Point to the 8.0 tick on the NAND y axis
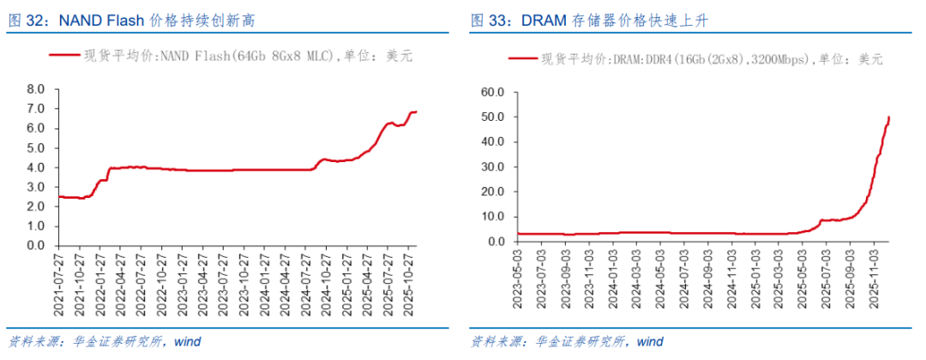(x=35, y=89)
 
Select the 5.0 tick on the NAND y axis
(x=35, y=147)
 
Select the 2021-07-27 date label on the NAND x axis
(x=57, y=279)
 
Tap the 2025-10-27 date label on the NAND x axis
(x=410, y=279)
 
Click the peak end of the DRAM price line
(x=888, y=117)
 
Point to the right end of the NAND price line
(x=417, y=111)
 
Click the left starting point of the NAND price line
(x=57, y=196)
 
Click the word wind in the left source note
(x=187, y=342)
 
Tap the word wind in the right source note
(x=650, y=342)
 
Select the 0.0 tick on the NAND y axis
(x=35, y=246)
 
